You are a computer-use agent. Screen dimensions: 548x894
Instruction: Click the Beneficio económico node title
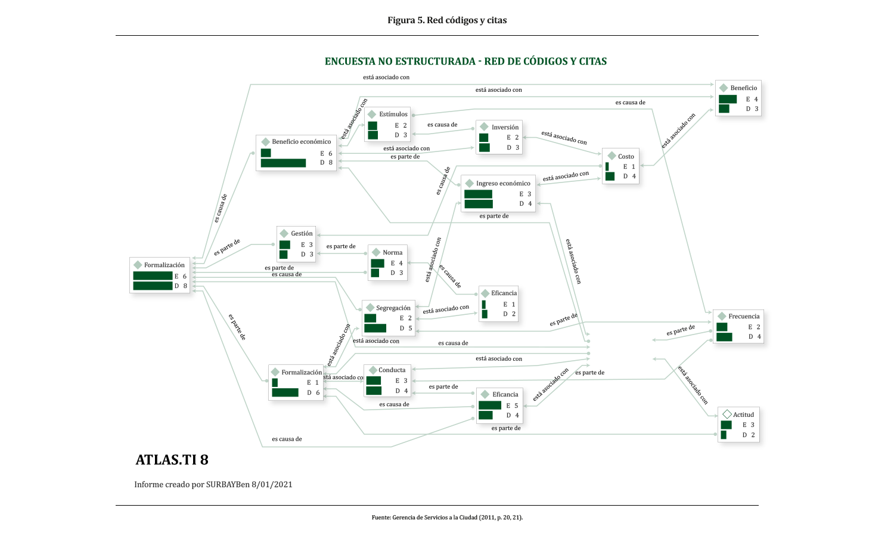[x=301, y=142]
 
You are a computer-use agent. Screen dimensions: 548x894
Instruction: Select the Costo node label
[x=626, y=156]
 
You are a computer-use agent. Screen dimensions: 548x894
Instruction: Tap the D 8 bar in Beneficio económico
[x=283, y=163]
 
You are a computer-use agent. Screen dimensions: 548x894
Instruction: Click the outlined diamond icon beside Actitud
[x=727, y=414]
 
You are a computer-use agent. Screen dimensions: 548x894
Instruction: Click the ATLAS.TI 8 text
[x=172, y=460]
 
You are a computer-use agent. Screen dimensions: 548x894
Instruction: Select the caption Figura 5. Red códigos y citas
[x=447, y=20]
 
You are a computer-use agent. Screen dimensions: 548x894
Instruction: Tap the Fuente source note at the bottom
[x=447, y=518]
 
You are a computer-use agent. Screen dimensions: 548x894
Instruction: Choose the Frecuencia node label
[x=744, y=317]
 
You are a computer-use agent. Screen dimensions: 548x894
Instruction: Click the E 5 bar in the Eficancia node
[x=490, y=405]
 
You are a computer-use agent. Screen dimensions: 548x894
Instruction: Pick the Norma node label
[x=392, y=253]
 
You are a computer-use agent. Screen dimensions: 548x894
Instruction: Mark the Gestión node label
[x=302, y=234]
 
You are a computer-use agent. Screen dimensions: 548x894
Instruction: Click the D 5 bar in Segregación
[x=375, y=328]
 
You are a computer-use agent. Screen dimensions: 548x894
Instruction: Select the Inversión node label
[x=505, y=128]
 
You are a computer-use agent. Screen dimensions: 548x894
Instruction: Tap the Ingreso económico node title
[x=503, y=184]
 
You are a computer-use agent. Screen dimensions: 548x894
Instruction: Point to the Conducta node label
[x=392, y=370]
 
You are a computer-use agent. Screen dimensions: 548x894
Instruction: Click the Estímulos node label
[x=393, y=114]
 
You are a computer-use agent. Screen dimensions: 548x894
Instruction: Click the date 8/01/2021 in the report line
[x=272, y=484]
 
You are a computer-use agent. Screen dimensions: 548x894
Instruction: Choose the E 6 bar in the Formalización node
[x=153, y=276]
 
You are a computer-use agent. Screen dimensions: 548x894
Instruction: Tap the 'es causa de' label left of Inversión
[x=442, y=125]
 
